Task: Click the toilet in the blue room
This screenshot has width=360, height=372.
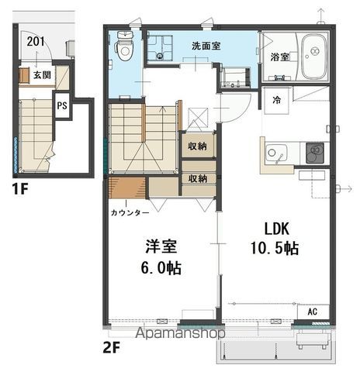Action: tap(125, 46)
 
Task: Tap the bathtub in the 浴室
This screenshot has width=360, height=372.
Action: tap(314, 57)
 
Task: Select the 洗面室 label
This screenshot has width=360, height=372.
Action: tap(206, 46)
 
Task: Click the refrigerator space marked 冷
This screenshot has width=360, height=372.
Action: tap(276, 100)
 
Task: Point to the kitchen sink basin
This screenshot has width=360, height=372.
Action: tap(276, 153)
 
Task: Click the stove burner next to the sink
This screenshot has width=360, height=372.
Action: tap(315, 153)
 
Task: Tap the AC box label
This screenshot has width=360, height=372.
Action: tap(313, 312)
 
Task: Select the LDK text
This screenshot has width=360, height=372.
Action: tap(276, 229)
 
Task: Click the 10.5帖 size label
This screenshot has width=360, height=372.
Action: tap(275, 248)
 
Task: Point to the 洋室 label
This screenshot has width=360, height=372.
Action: tap(161, 246)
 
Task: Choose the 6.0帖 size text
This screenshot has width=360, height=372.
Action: tap(161, 267)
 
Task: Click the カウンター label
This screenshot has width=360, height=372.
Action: tap(130, 212)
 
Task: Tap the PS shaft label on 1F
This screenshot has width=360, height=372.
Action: tap(62, 105)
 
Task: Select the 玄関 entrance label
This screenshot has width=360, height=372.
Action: tap(42, 75)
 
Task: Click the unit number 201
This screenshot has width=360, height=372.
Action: tap(36, 41)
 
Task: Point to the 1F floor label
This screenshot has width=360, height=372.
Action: tap(20, 189)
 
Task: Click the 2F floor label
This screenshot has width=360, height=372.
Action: tap(112, 348)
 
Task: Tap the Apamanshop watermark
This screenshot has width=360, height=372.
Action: tap(181, 333)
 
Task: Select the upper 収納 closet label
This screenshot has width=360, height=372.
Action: tap(197, 146)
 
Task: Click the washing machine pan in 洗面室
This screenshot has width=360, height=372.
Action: tap(160, 48)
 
